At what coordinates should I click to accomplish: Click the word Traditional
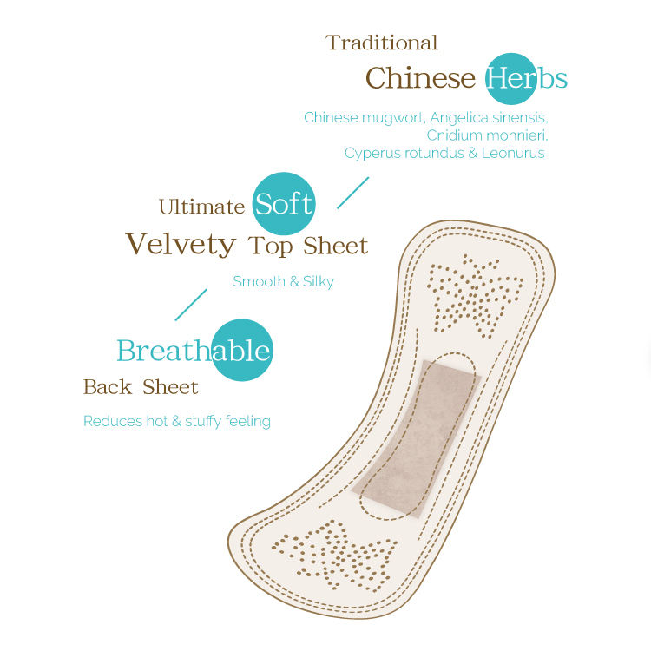coord(382,43)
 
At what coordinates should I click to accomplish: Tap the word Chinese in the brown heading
coord(420,78)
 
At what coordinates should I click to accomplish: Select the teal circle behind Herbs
coord(510,78)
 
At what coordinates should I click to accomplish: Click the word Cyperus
coord(372,154)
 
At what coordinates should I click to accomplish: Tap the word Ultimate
coord(201,207)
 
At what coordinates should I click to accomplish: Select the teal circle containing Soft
coord(284,205)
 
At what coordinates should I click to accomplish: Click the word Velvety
coord(181,245)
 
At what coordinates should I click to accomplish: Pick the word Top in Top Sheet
coord(270,246)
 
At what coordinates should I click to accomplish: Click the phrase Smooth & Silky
coord(283,281)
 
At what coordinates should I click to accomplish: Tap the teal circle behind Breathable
coord(241,351)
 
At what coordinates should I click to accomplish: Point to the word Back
coord(108,387)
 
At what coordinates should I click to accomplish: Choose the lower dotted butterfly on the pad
coord(333,553)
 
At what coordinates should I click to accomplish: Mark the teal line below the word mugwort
coord(353,192)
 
